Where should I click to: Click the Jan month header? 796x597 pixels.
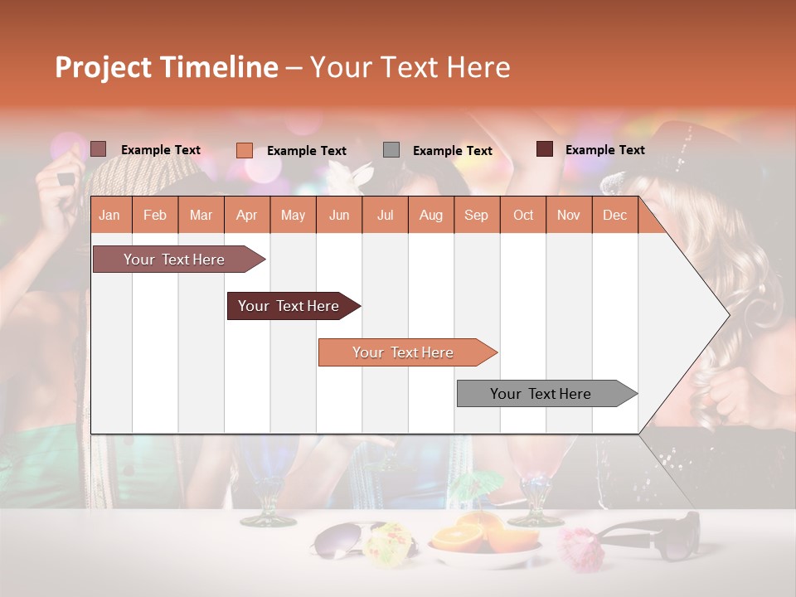click(109, 215)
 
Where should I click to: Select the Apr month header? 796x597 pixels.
click(247, 215)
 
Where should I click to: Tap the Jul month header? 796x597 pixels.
click(385, 215)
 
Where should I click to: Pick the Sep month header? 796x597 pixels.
click(476, 215)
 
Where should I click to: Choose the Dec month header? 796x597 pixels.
click(614, 215)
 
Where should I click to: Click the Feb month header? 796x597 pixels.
click(155, 215)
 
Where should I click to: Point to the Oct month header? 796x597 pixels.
click(523, 215)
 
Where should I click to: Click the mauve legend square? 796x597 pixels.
click(98, 149)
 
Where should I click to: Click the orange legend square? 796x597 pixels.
click(244, 150)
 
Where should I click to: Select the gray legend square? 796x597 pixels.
click(391, 150)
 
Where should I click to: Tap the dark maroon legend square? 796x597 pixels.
click(545, 149)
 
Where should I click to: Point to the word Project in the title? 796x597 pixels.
click(103, 67)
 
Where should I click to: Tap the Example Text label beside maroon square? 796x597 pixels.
click(604, 150)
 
